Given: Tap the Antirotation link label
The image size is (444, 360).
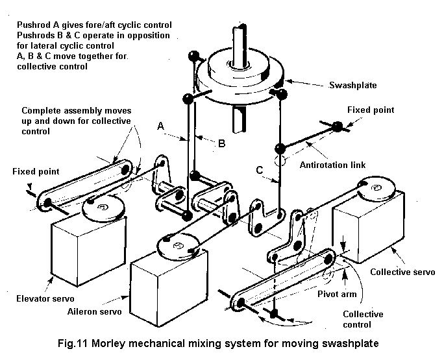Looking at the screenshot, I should pyautogui.click(x=332, y=165).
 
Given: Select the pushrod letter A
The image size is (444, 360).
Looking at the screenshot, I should pyautogui.click(x=161, y=128).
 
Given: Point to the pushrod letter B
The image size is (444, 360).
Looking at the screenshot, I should pyautogui.click(x=221, y=143).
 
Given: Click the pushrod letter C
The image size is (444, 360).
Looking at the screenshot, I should pyautogui.click(x=259, y=171).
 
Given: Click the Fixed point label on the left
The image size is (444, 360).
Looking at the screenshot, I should pyautogui.click(x=35, y=172).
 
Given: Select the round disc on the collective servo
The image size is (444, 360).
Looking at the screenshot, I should pyautogui.click(x=375, y=189).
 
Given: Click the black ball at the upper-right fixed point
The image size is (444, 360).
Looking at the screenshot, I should pyautogui.click(x=338, y=127).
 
